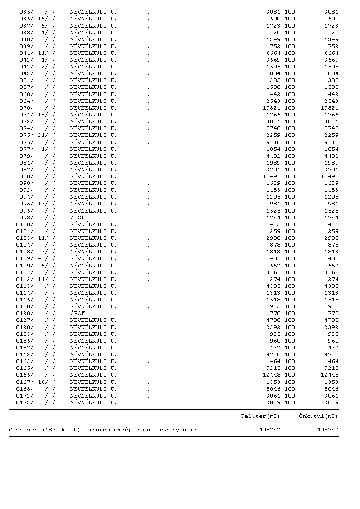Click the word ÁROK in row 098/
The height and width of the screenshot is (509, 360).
(x=78, y=218)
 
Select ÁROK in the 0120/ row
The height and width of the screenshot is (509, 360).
(x=78, y=313)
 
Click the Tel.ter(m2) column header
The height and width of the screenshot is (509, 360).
(x=260, y=416)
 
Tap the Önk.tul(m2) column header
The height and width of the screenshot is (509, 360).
(x=318, y=416)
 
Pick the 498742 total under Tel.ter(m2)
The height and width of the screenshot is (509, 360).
(x=269, y=430)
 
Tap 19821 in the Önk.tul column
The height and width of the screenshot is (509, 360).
(x=329, y=108)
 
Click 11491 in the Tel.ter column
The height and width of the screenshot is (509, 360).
(x=272, y=176)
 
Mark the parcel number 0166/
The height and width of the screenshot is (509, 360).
(x=24, y=375)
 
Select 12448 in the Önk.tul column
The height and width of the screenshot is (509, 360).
(x=329, y=375)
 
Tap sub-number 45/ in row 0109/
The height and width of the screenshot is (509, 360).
(x=43, y=265)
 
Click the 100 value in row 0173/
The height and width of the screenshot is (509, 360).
(x=290, y=402)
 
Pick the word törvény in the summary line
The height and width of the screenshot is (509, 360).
(x=166, y=430)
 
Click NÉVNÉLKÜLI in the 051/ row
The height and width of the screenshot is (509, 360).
(x=88, y=80)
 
